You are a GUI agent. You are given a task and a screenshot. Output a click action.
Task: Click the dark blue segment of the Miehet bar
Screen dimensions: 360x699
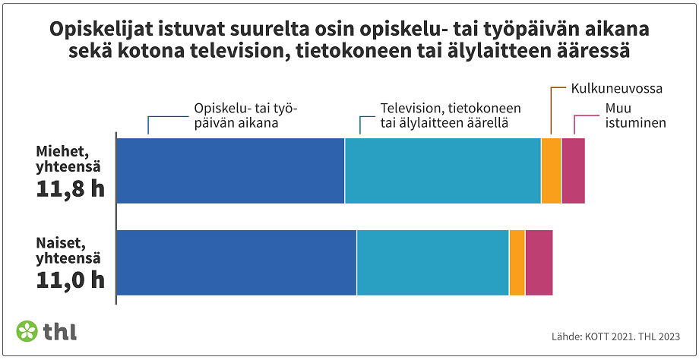point(230,171)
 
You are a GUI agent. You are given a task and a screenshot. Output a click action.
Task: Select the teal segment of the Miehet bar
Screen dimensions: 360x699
point(443,171)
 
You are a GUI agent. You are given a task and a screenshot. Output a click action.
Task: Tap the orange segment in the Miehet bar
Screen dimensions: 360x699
point(551,171)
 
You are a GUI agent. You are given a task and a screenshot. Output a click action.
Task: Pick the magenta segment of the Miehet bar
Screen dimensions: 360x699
point(573,171)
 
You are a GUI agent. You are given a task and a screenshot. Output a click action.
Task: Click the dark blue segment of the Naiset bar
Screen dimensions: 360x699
point(236,262)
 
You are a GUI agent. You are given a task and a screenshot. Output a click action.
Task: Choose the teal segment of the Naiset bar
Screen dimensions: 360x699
point(432,262)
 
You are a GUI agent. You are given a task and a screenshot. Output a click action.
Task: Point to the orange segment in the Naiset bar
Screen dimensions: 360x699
point(517,262)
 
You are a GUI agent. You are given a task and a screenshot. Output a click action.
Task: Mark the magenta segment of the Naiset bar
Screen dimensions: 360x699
point(539,262)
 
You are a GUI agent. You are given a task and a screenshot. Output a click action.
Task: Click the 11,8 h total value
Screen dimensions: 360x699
point(70,189)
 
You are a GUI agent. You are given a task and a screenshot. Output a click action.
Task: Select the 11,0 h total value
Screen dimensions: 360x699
point(70,280)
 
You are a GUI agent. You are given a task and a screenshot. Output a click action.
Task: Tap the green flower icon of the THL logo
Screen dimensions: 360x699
point(27,331)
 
